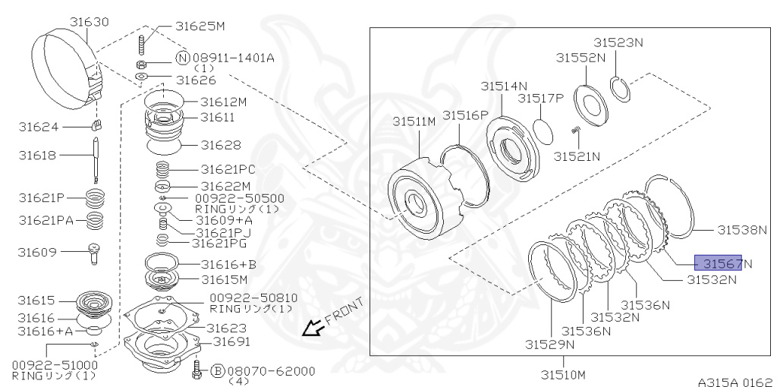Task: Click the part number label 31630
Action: [89, 22]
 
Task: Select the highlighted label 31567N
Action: [723, 263]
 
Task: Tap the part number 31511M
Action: [414, 121]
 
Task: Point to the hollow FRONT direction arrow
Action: [314, 327]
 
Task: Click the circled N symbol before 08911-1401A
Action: [183, 58]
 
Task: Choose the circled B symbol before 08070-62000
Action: [218, 370]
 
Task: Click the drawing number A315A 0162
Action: [735, 382]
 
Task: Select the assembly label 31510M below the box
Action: [563, 374]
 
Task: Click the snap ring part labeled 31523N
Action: [620, 90]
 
